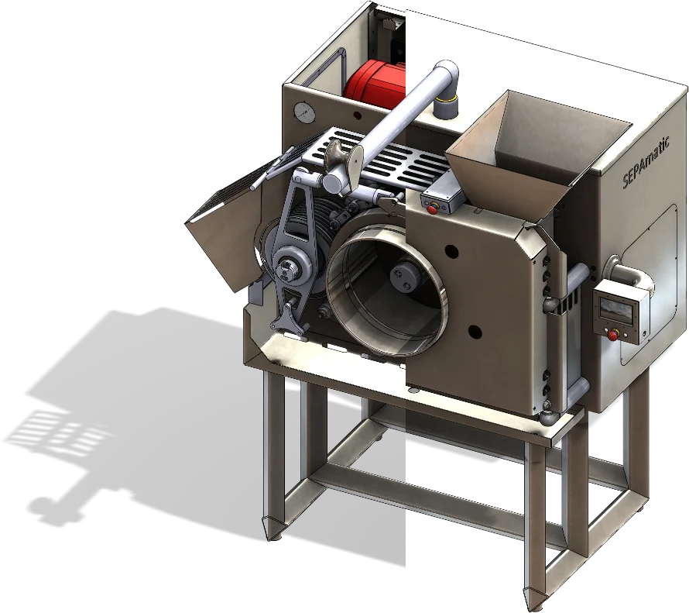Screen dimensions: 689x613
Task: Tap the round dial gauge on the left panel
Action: [304, 113]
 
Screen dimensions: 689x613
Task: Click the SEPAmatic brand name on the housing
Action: [646, 162]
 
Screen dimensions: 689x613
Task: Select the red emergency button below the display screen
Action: [612, 336]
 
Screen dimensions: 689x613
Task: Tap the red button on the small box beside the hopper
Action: [432, 210]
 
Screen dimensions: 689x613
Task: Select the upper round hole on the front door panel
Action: [451, 252]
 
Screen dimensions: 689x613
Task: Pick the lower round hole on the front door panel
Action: [475, 332]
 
